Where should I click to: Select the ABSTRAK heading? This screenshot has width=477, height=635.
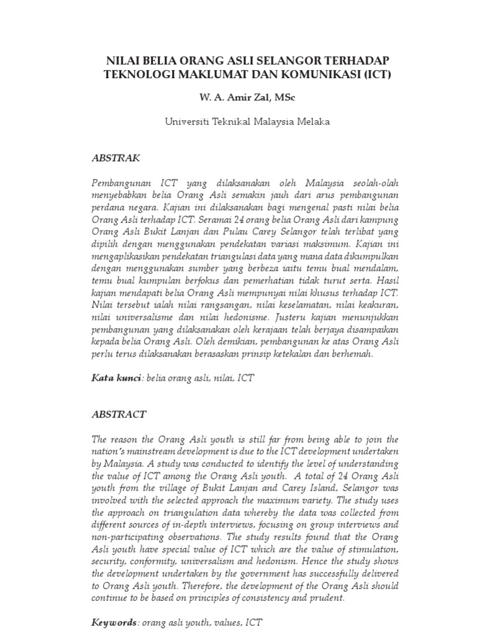(116, 158)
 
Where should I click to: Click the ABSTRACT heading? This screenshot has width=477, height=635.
(119, 414)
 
